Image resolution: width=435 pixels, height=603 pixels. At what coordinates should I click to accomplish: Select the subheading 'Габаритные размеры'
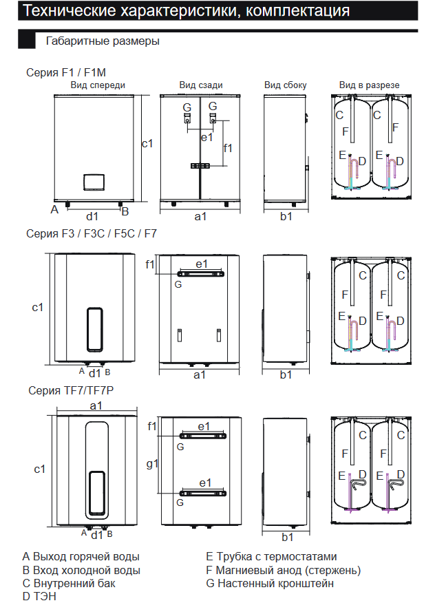pos(103,41)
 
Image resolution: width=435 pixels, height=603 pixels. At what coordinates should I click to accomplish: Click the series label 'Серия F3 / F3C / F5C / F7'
pos(92,234)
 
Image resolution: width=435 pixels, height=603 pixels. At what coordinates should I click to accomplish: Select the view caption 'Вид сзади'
pos(200,85)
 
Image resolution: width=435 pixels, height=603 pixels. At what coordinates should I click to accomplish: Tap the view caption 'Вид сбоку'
pos(285,85)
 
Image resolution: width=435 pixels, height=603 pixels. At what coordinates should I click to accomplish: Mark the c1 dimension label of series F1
pos(147,143)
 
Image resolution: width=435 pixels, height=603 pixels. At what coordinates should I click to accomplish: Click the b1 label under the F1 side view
pos(286,216)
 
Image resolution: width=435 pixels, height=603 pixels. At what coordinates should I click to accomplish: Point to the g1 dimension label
pos(153,463)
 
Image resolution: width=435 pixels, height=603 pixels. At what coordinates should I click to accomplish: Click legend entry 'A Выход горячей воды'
pos(81,556)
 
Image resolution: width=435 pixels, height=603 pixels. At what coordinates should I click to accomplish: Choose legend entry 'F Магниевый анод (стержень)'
pos(283,570)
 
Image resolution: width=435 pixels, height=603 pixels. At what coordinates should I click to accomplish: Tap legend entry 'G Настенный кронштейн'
pos(270,583)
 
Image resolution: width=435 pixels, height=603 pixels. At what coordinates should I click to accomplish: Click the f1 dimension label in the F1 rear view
pos(229,147)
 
